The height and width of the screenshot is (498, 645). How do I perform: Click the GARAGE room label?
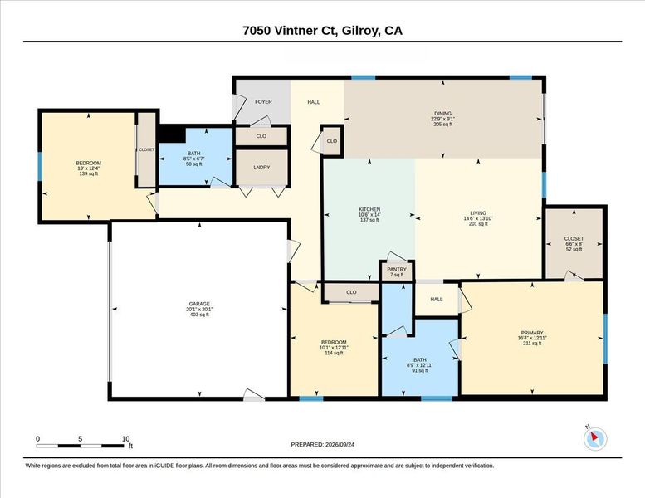tap(199, 304)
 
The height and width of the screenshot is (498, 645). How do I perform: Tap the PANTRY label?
tap(397, 270)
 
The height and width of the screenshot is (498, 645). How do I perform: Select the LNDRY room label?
tap(261, 168)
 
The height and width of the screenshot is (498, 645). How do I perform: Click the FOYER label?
tap(263, 101)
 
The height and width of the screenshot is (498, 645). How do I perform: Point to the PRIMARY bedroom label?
tap(532, 333)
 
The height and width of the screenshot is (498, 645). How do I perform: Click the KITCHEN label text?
tap(369, 209)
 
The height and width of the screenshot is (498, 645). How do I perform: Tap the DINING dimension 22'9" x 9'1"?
tap(443, 119)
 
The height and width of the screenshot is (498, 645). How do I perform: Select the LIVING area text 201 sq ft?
tap(478, 224)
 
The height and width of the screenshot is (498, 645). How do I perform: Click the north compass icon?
tap(595, 439)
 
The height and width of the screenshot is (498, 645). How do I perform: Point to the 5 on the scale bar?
tap(81, 439)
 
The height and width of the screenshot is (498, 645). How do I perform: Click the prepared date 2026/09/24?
tap(340, 445)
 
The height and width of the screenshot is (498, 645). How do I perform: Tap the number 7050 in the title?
tap(257, 31)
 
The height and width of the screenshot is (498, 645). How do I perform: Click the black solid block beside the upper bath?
tap(172, 134)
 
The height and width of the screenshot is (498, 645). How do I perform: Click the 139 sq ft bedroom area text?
tap(89, 173)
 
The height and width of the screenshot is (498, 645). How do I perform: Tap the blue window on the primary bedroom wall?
tap(605, 339)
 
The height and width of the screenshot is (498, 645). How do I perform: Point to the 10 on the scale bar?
tap(126, 439)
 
